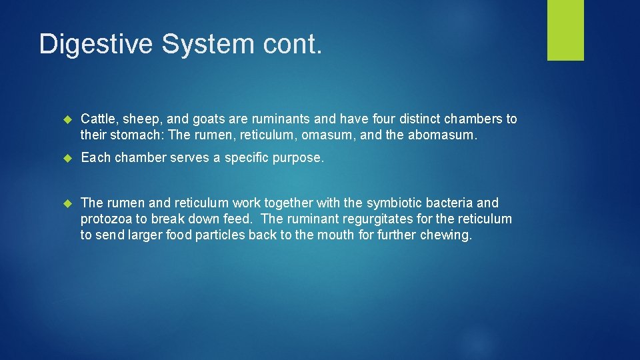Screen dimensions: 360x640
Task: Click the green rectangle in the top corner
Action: coord(565,30)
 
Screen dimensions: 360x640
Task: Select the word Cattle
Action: coord(99,119)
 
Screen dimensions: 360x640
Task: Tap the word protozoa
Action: coord(107,219)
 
